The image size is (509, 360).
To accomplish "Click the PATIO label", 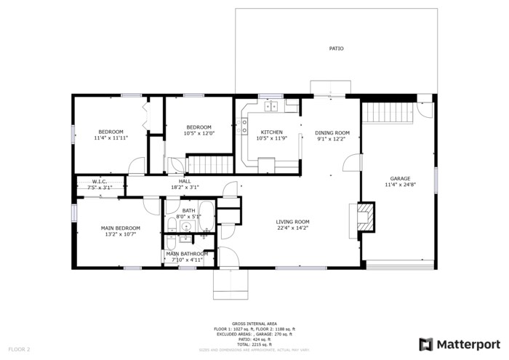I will click(x=336, y=49).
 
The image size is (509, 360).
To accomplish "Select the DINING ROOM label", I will click(x=332, y=132).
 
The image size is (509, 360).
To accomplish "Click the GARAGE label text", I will click(x=400, y=178).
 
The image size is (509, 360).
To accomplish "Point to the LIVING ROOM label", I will click(x=292, y=222).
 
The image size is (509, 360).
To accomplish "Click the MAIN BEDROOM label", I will click(x=120, y=228).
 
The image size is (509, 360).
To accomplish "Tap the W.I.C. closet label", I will click(x=100, y=182).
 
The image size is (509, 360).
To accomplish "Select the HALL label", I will click(x=185, y=181).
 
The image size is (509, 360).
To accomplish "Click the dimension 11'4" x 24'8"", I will click(x=400, y=185).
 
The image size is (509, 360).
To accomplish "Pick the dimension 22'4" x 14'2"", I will click(x=292, y=228).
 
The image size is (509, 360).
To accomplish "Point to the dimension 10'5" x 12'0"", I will click(x=198, y=133).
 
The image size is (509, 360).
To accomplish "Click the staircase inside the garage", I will click(x=382, y=113).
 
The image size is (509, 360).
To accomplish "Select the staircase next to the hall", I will click(x=209, y=164).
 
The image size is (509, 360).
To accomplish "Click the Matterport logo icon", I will click(x=426, y=344).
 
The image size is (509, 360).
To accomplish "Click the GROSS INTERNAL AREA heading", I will click(x=254, y=323).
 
